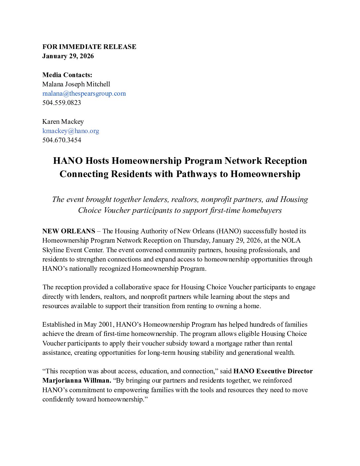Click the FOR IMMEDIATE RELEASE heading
pos(89,47)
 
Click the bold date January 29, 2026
pos(68,56)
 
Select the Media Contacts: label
pos(67,75)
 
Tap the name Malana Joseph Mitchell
pos(76,84)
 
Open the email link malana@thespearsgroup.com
pos(84,93)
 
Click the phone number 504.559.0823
pos(62,103)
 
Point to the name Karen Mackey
pos(63,121)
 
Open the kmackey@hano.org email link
pos(70,131)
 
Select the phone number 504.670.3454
pos(62,140)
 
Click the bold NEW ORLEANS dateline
pos(68,231)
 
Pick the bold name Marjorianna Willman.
pos(76,380)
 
